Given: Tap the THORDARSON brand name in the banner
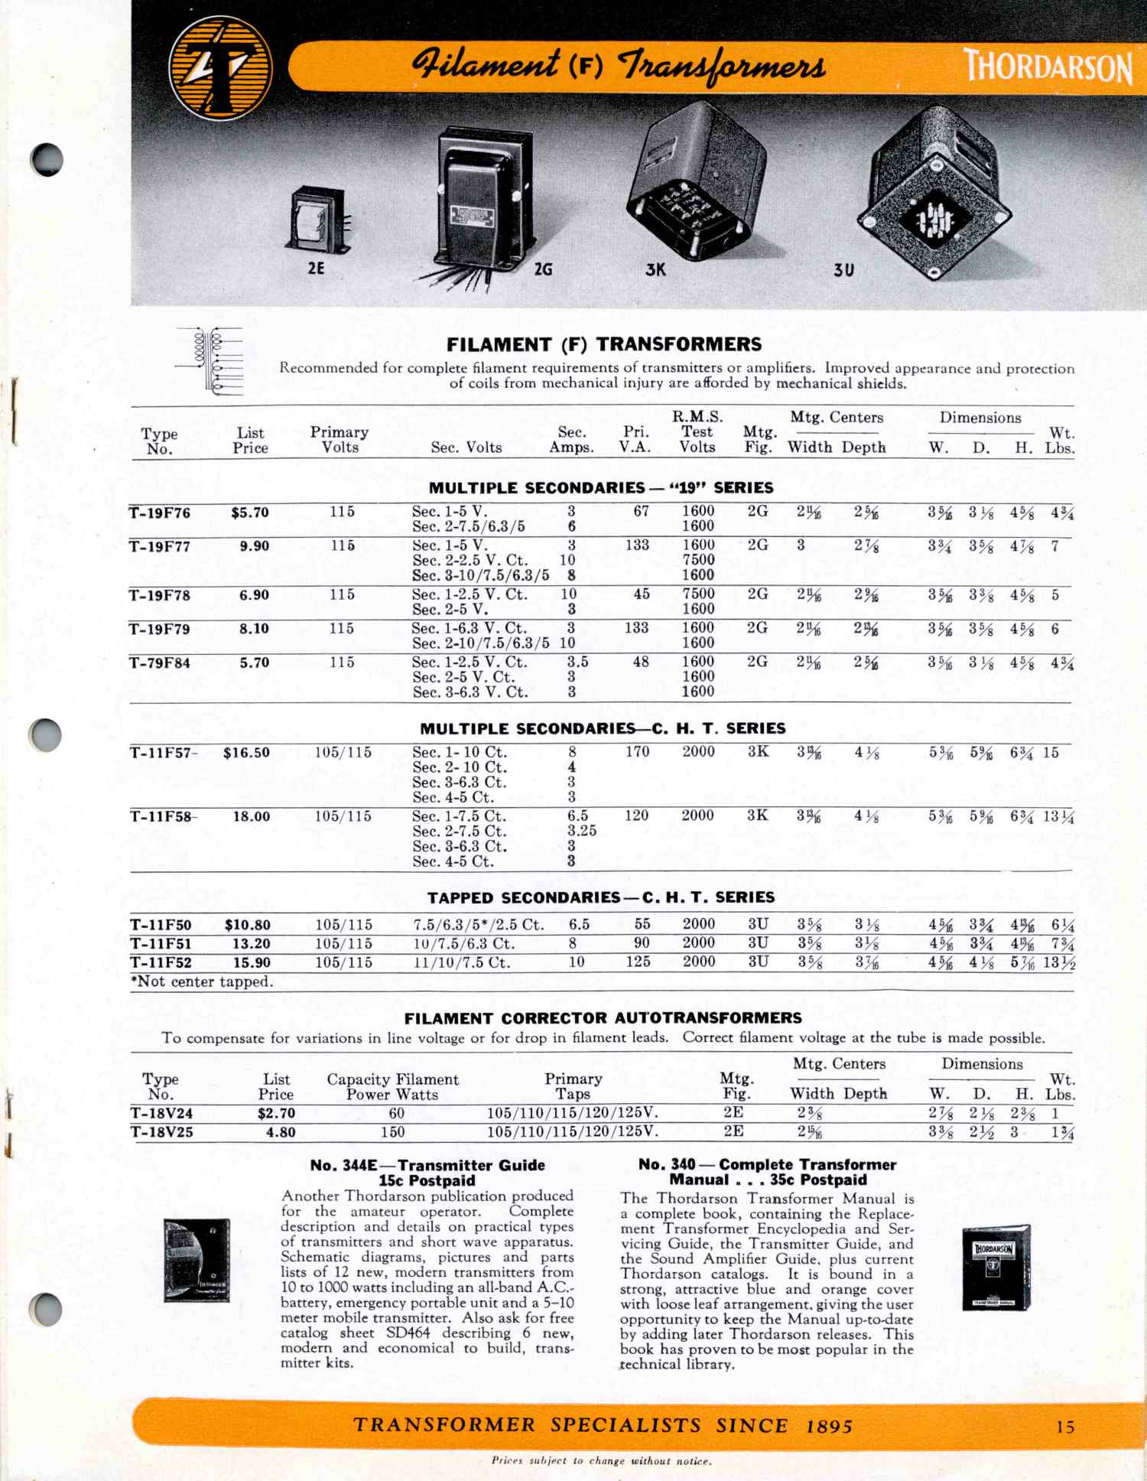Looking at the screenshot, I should click(x=1048, y=66).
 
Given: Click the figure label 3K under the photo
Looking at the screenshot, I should click(x=655, y=269).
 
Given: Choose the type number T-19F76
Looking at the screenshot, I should click(x=160, y=513).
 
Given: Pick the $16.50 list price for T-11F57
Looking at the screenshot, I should click(x=246, y=753).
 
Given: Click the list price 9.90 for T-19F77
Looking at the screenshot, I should click(x=254, y=546).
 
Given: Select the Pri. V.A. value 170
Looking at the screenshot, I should click(x=637, y=752).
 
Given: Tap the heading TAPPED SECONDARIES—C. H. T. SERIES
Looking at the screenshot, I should click(x=601, y=897).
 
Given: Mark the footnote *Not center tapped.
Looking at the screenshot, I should click(x=202, y=981).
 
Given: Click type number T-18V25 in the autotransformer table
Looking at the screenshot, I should click(x=161, y=1132).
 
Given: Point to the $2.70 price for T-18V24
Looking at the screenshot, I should click(x=276, y=1113).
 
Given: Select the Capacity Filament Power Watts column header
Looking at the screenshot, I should click(x=392, y=1086).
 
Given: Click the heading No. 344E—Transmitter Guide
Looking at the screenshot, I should click(x=427, y=1165).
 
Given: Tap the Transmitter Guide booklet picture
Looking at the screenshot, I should click(x=197, y=1260).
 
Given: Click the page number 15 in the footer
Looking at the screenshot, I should click(x=1065, y=1427).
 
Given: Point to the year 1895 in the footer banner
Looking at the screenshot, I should click(x=829, y=1426).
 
